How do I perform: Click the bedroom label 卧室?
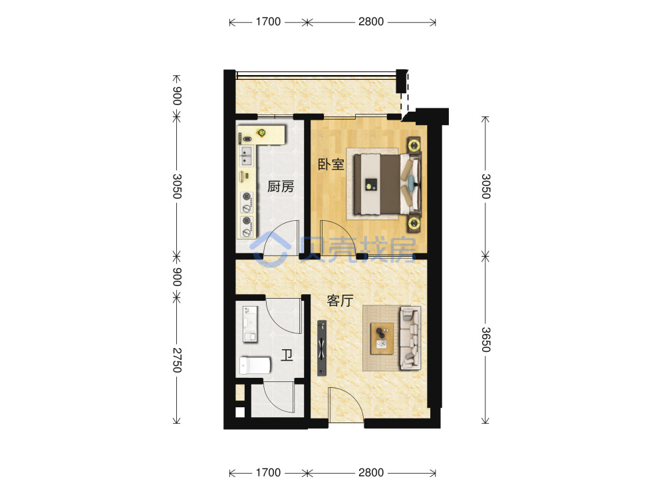tap(331, 164)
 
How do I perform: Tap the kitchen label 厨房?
tap(281, 186)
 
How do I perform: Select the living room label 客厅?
tap(340, 301)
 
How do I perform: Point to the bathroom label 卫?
tap(287, 355)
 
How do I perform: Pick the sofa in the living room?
tap(410, 339)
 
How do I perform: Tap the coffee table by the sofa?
tap(382, 339)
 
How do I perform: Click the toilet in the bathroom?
tap(255, 365)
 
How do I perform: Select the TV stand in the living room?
tap(322, 348)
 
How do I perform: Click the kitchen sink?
tap(246, 156)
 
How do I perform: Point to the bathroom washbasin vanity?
tap(250, 324)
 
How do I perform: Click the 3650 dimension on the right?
tap(486, 340)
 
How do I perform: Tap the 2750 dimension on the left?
tap(177, 360)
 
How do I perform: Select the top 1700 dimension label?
tap(268, 22)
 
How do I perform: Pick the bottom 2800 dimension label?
tap(370, 472)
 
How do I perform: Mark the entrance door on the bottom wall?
tap(346, 405)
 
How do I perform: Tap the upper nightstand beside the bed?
tap(414, 145)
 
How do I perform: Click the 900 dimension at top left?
tap(177, 96)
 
